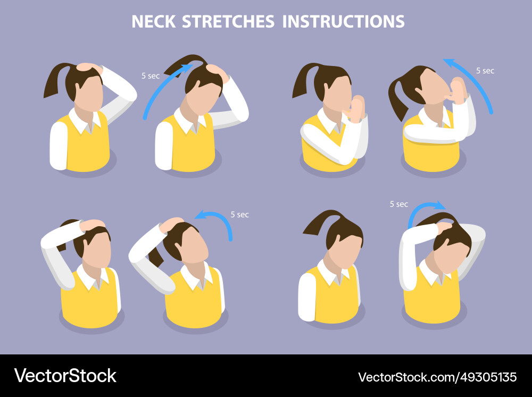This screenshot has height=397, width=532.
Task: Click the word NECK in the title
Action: (x=154, y=22)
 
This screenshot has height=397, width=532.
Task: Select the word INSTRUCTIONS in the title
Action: (x=343, y=22)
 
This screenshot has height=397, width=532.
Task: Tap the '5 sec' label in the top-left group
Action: (x=151, y=76)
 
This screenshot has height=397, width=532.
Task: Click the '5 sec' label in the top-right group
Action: (x=485, y=70)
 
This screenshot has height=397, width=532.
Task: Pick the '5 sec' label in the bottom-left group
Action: (x=239, y=215)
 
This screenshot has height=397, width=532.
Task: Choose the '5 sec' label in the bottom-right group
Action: (x=399, y=204)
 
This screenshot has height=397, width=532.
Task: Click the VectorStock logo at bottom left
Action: (x=65, y=376)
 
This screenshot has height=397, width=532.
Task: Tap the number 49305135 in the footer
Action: (x=487, y=377)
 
